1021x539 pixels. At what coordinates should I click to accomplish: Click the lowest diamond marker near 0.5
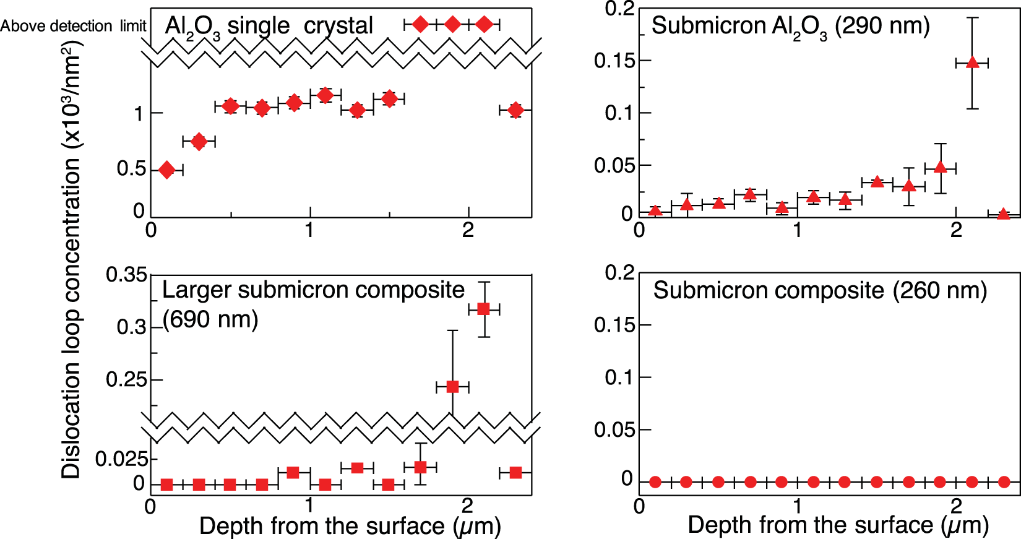tap(166, 170)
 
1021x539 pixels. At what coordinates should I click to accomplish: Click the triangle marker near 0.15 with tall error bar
tap(972, 63)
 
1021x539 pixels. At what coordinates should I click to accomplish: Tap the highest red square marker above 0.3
tap(484, 309)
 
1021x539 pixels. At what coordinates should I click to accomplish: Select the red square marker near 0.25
tap(452, 387)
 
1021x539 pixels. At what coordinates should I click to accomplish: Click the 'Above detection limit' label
tap(73, 26)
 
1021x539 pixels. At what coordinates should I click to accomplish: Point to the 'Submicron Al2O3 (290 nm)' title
tap(790, 27)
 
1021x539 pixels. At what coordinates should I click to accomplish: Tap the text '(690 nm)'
tap(210, 319)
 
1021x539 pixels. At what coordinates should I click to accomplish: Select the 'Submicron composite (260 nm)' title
tap(820, 290)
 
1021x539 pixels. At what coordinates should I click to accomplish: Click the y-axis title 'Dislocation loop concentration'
tap(71, 260)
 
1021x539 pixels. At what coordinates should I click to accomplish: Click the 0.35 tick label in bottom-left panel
tap(126, 275)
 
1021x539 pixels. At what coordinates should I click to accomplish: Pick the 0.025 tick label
tap(122, 459)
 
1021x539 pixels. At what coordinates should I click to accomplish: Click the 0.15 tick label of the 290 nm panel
tap(614, 61)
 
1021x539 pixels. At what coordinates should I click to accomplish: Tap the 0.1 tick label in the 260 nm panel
tap(619, 377)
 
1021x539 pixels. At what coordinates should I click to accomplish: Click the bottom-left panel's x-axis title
tap(350, 527)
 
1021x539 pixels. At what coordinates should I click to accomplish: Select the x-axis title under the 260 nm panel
tap(838, 525)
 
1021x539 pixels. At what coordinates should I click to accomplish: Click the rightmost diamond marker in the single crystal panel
tap(515, 110)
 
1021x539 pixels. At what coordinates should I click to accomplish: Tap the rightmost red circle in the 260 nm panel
tap(1004, 481)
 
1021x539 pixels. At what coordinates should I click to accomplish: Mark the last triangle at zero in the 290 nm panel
tap(1003, 214)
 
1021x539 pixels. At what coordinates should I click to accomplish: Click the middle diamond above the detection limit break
tap(452, 24)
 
